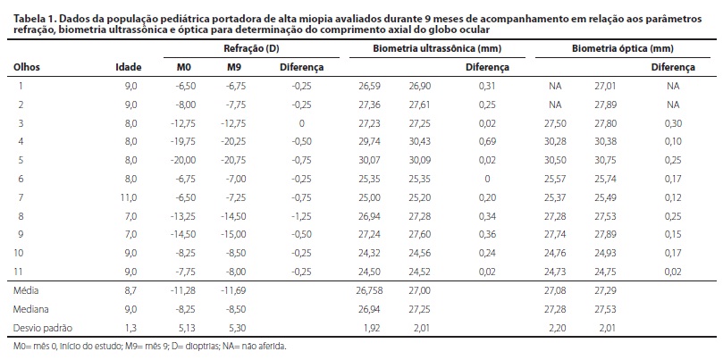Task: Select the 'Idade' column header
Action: pyautogui.click(x=128, y=67)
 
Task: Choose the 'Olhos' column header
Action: pyautogui.click(x=26, y=67)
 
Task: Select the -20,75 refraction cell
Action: pyautogui.click(x=235, y=160)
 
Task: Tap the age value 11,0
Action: pyautogui.click(x=130, y=197)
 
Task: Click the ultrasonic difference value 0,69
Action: pyautogui.click(x=486, y=141)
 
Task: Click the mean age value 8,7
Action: pyautogui.click(x=130, y=291)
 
